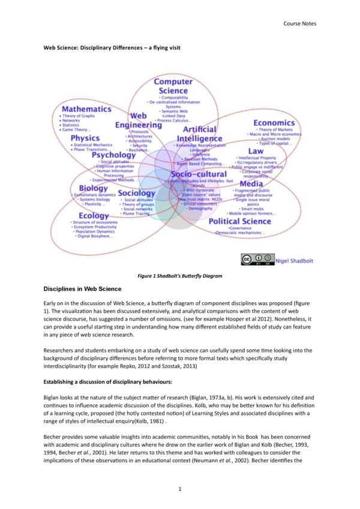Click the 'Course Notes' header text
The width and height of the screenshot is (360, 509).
[x=301, y=24]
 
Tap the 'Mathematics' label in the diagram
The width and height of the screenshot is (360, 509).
[x=86, y=110]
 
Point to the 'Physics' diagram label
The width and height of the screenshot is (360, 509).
[x=85, y=138]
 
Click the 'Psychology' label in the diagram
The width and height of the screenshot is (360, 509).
[x=113, y=155]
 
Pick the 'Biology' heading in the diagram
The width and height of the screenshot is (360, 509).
[x=89, y=188]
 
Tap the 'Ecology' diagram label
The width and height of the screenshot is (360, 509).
[x=92, y=216]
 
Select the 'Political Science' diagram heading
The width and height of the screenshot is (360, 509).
[x=239, y=221]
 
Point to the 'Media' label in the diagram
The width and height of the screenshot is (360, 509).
[x=251, y=183]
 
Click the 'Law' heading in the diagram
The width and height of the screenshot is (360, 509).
[x=256, y=151]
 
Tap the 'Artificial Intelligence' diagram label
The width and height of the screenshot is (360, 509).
[x=191, y=134]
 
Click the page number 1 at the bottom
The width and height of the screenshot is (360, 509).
[x=179, y=489]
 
